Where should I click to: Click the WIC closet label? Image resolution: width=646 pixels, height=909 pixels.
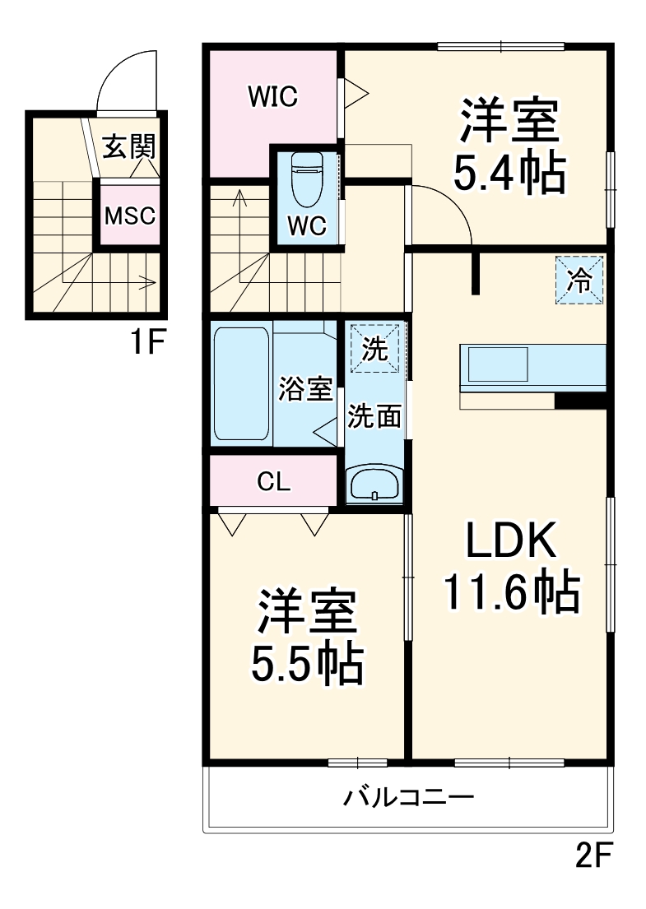[273, 97]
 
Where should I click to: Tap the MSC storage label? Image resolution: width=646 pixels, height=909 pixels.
[129, 216]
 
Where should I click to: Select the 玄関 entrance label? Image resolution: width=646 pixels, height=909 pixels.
[128, 147]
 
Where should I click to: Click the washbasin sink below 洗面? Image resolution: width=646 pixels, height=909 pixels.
[375, 484]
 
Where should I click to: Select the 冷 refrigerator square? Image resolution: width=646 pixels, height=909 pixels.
[579, 281]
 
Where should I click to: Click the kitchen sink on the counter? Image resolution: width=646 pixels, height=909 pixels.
[498, 364]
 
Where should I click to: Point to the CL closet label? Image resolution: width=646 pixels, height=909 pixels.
[273, 482]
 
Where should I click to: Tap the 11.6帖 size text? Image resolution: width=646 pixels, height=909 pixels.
[512, 591]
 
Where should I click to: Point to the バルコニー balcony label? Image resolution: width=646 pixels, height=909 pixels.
[408, 797]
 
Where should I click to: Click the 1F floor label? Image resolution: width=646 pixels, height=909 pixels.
[148, 341]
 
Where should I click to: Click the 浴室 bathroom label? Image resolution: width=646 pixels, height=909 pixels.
[304, 388]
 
